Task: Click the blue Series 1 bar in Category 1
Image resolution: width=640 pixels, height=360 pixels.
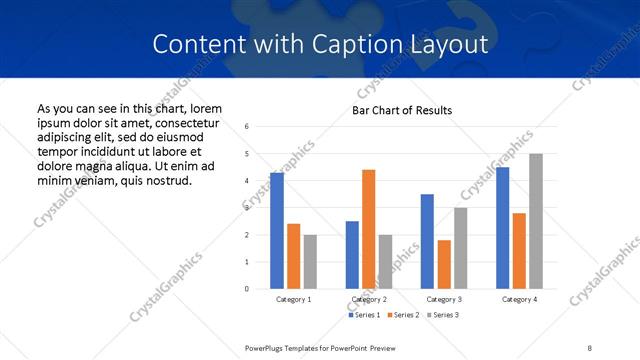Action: (x=277, y=231)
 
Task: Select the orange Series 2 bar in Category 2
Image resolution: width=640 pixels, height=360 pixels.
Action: (x=368, y=229)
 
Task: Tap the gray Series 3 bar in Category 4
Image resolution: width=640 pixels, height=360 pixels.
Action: (x=536, y=221)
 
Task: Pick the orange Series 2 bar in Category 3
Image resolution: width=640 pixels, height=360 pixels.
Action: (x=444, y=264)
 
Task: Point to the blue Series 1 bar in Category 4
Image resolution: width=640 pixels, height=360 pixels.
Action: (x=503, y=228)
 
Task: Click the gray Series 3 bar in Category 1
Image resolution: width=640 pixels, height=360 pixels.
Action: (x=310, y=262)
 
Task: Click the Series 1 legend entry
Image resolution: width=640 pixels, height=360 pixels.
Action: (x=365, y=315)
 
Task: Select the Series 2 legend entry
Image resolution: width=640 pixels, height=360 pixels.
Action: (x=402, y=315)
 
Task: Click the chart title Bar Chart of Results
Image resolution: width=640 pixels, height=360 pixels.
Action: (x=402, y=110)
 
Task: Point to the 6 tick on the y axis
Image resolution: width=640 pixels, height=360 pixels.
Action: (x=246, y=126)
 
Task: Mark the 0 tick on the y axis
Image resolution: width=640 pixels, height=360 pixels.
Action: (x=246, y=289)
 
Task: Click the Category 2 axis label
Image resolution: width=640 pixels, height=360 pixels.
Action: (x=369, y=299)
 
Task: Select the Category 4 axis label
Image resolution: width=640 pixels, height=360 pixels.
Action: (x=519, y=299)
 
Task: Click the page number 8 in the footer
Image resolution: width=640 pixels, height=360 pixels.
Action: (x=590, y=346)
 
